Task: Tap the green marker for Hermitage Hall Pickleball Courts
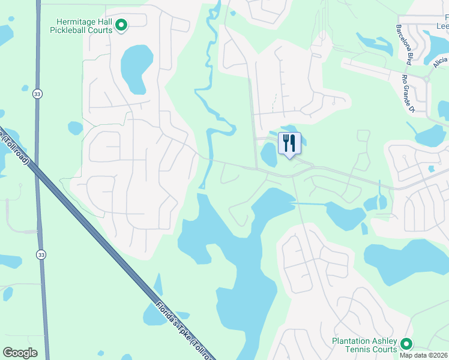[121, 25]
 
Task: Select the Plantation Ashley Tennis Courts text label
[364, 345]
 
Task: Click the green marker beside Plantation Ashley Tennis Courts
[406, 344]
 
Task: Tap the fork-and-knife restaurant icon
[289, 143]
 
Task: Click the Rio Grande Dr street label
[409, 93]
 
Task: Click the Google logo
[20, 353]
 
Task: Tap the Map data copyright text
[423, 355]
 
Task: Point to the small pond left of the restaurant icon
[268, 155]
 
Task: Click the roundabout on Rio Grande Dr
[427, 79]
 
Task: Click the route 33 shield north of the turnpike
[38, 94]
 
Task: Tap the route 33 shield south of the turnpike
[40, 254]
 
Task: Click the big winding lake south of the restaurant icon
[240, 270]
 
